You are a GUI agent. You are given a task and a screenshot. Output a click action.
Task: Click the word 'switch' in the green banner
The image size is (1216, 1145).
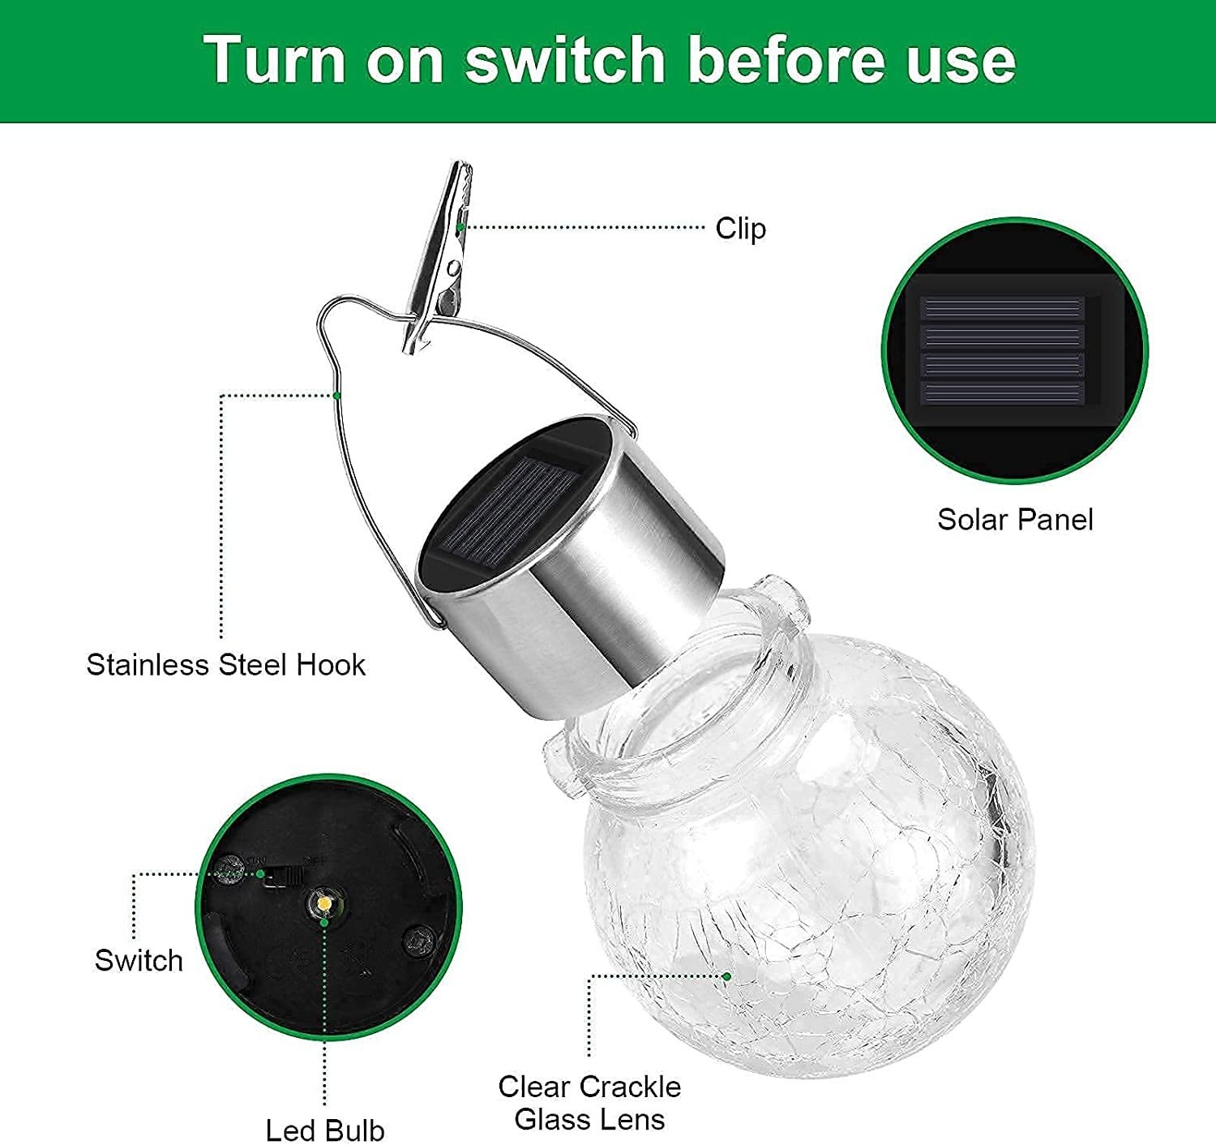(x=564, y=59)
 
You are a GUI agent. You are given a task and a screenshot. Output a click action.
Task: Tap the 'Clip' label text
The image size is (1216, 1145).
(x=741, y=229)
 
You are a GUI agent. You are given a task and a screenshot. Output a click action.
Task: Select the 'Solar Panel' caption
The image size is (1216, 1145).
(x=1015, y=520)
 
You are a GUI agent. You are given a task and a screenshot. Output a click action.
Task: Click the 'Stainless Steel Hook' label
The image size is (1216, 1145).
(x=225, y=665)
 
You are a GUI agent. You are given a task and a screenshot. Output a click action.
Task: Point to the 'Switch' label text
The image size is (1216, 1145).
(x=139, y=960)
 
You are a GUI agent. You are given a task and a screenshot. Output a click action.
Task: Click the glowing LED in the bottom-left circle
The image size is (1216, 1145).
(x=323, y=903)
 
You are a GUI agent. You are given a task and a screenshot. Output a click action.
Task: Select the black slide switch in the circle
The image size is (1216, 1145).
(x=283, y=877)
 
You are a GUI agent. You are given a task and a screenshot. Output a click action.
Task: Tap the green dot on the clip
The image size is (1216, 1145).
(x=460, y=227)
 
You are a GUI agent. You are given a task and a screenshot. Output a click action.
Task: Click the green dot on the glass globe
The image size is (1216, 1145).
(x=727, y=976)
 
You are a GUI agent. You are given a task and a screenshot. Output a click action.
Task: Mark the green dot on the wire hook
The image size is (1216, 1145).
(x=336, y=396)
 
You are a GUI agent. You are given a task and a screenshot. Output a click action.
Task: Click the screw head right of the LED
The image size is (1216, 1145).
(x=419, y=937)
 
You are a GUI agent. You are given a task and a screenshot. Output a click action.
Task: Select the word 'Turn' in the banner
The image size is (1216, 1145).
(x=274, y=59)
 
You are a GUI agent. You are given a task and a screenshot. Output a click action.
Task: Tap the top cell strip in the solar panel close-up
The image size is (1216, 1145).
(x=1002, y=307)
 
